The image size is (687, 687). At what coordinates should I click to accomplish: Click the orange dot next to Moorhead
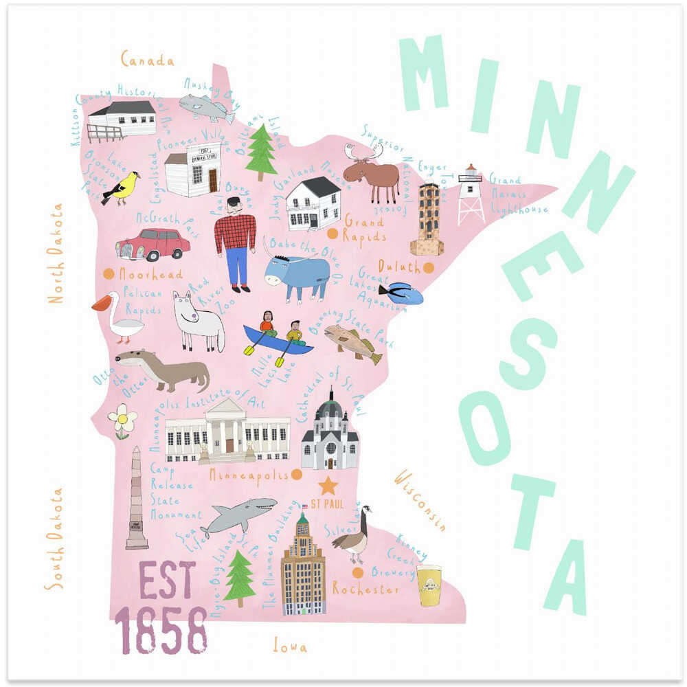tap(109, 273)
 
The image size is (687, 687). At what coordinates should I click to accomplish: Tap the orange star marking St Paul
tap(328, 486)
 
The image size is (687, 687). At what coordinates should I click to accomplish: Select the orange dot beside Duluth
tap(429, 268)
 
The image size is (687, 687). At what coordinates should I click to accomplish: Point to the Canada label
tap(147, 60)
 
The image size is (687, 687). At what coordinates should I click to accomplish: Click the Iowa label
tap(290, 646)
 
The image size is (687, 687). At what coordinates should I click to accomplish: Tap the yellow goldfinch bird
tap(122, 188)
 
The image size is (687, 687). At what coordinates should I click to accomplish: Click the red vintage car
tap(153, 244)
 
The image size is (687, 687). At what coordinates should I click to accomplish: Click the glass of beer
tap(429, 585)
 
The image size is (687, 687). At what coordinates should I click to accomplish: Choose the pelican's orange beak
tap(101, 302)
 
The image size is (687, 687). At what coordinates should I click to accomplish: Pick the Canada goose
tap(353, 535)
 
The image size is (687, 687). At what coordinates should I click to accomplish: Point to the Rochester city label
tap(365, 589)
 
